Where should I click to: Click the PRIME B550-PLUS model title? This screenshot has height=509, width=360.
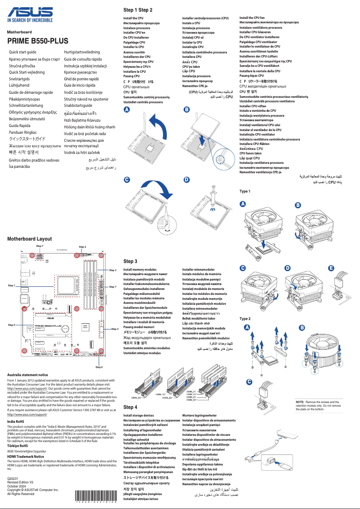37,41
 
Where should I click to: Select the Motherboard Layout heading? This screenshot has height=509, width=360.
29,239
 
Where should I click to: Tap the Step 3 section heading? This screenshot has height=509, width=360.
130,261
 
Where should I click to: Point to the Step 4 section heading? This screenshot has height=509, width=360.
130,407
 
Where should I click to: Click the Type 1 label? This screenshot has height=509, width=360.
245,191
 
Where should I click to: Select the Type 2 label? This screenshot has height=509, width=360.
245,319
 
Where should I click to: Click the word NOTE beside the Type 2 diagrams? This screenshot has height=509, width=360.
300,401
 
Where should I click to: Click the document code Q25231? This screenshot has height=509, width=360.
13,479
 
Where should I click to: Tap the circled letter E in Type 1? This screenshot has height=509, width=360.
331,268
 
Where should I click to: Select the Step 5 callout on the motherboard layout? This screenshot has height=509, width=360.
12,324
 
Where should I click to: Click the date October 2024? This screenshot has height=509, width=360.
17,486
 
